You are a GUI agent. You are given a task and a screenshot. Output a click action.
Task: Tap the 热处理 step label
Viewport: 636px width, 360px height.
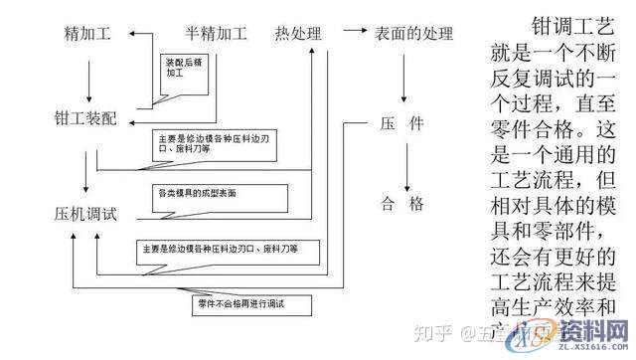(x=299, y=34)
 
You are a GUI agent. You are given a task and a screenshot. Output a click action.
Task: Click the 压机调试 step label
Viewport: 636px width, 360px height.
(x=86, y=214)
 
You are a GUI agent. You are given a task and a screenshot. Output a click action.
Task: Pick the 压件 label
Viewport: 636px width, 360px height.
(x=401, y=124)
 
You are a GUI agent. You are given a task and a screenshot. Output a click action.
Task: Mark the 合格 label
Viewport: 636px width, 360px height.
(x=401, y=204)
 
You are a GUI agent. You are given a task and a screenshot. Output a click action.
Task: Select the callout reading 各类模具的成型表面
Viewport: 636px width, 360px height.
(x=199, y=190)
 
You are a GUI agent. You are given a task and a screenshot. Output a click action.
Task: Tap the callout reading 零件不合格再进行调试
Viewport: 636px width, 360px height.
(x=237, y=299)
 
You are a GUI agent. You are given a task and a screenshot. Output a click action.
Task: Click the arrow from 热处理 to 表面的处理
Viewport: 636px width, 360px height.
(x=349, y=34)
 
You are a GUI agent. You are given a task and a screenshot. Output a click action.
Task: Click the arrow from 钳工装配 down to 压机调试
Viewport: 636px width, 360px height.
(x=88, y=165)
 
